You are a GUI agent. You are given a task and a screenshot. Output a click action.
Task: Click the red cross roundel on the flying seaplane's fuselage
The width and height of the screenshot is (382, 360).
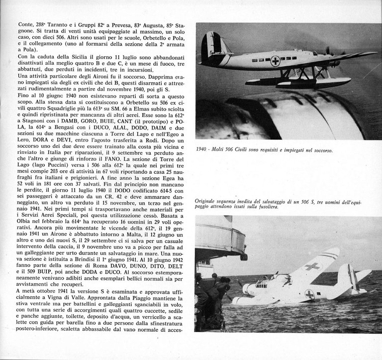(x=275, y=61)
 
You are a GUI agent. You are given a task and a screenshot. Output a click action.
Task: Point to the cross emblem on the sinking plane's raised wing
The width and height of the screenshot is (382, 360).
(x=312, y=266)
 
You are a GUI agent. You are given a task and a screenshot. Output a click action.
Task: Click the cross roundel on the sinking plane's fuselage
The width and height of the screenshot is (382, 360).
(x=309, y=295)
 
